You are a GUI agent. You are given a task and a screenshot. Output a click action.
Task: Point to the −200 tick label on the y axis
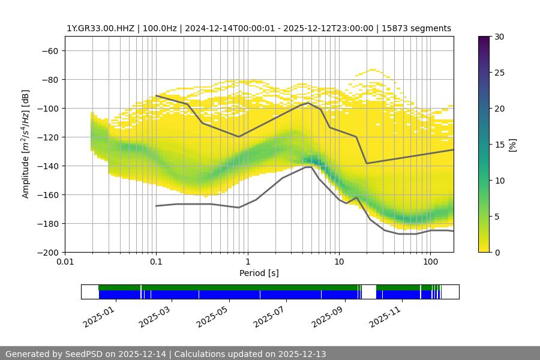tap(47, 252)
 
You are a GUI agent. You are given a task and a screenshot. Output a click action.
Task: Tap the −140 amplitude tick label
tap(47, 166)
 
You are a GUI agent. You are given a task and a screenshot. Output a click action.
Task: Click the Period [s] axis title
tap(259, 273)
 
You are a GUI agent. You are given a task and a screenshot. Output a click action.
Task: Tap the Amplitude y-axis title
tap(25, 144)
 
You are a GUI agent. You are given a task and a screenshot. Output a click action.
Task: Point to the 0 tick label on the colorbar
tap(499, 252)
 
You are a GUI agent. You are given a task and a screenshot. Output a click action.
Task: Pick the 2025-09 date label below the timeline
tap(328, 316)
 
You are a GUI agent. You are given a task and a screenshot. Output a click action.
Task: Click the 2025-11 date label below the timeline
tap(385, 316)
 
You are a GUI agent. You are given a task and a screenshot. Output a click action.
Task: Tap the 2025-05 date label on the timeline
tap(212, 316)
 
